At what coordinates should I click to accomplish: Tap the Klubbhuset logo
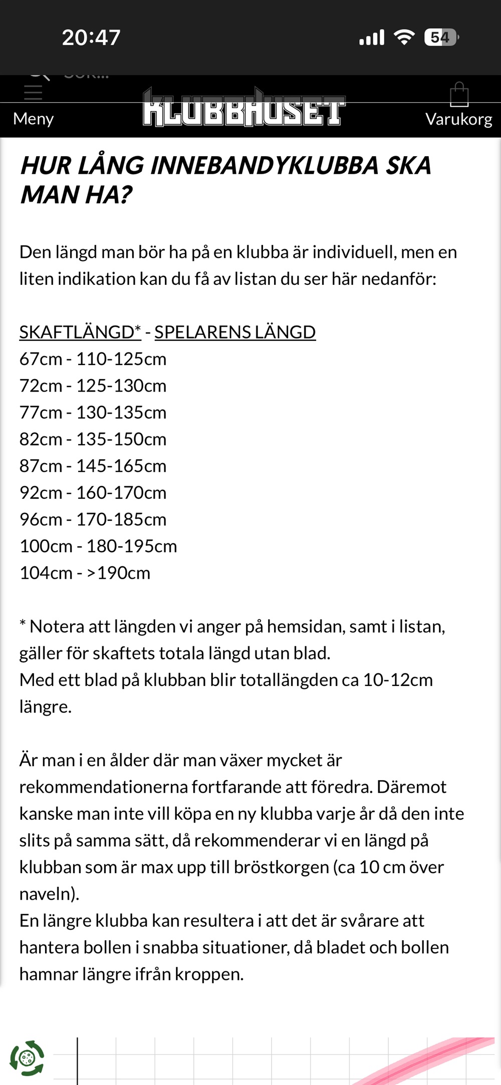coord(244,108)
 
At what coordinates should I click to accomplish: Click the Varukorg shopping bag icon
coord(459,95)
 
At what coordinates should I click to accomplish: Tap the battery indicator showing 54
coord(441,38)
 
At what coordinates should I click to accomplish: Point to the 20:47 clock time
coord(91,38)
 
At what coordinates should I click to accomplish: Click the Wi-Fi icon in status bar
coord(404,38)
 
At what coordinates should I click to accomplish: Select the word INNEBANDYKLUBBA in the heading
coord(264,166)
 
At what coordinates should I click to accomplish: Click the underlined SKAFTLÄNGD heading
coord(80,332)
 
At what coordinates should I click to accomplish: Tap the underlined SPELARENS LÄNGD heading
coord(235,332)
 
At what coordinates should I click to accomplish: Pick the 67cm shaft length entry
coord(41,359)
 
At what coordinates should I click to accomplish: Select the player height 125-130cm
coord(121,386)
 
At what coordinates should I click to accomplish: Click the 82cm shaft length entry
coord(41,439)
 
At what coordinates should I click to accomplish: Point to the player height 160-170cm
coord(121,493)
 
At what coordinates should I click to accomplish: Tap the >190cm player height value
coord(118,573)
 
